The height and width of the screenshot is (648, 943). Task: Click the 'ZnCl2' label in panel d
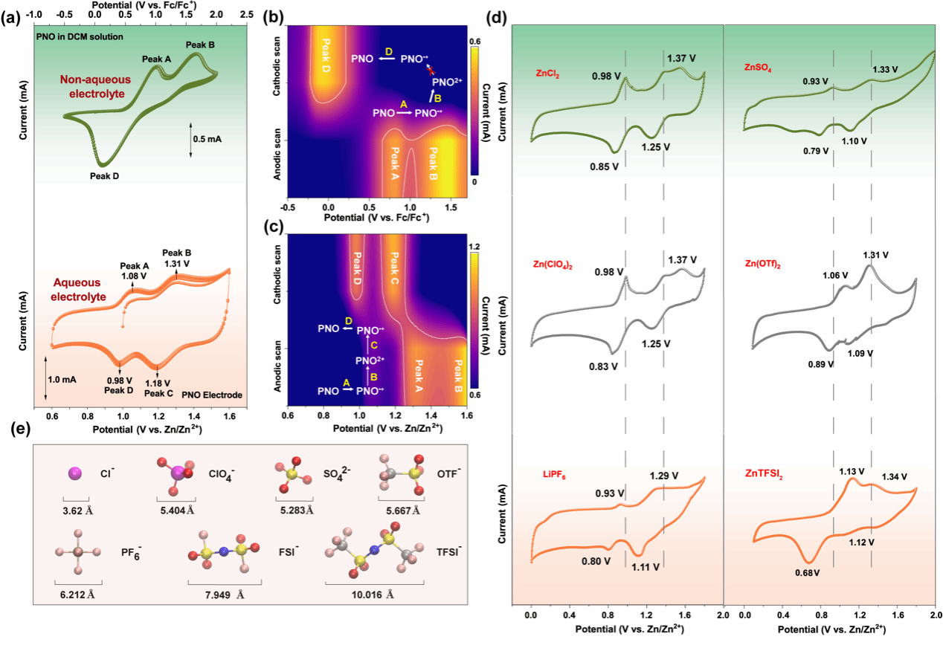547,74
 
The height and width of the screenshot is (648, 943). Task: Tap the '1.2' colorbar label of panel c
476,246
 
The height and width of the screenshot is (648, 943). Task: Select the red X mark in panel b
430,68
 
